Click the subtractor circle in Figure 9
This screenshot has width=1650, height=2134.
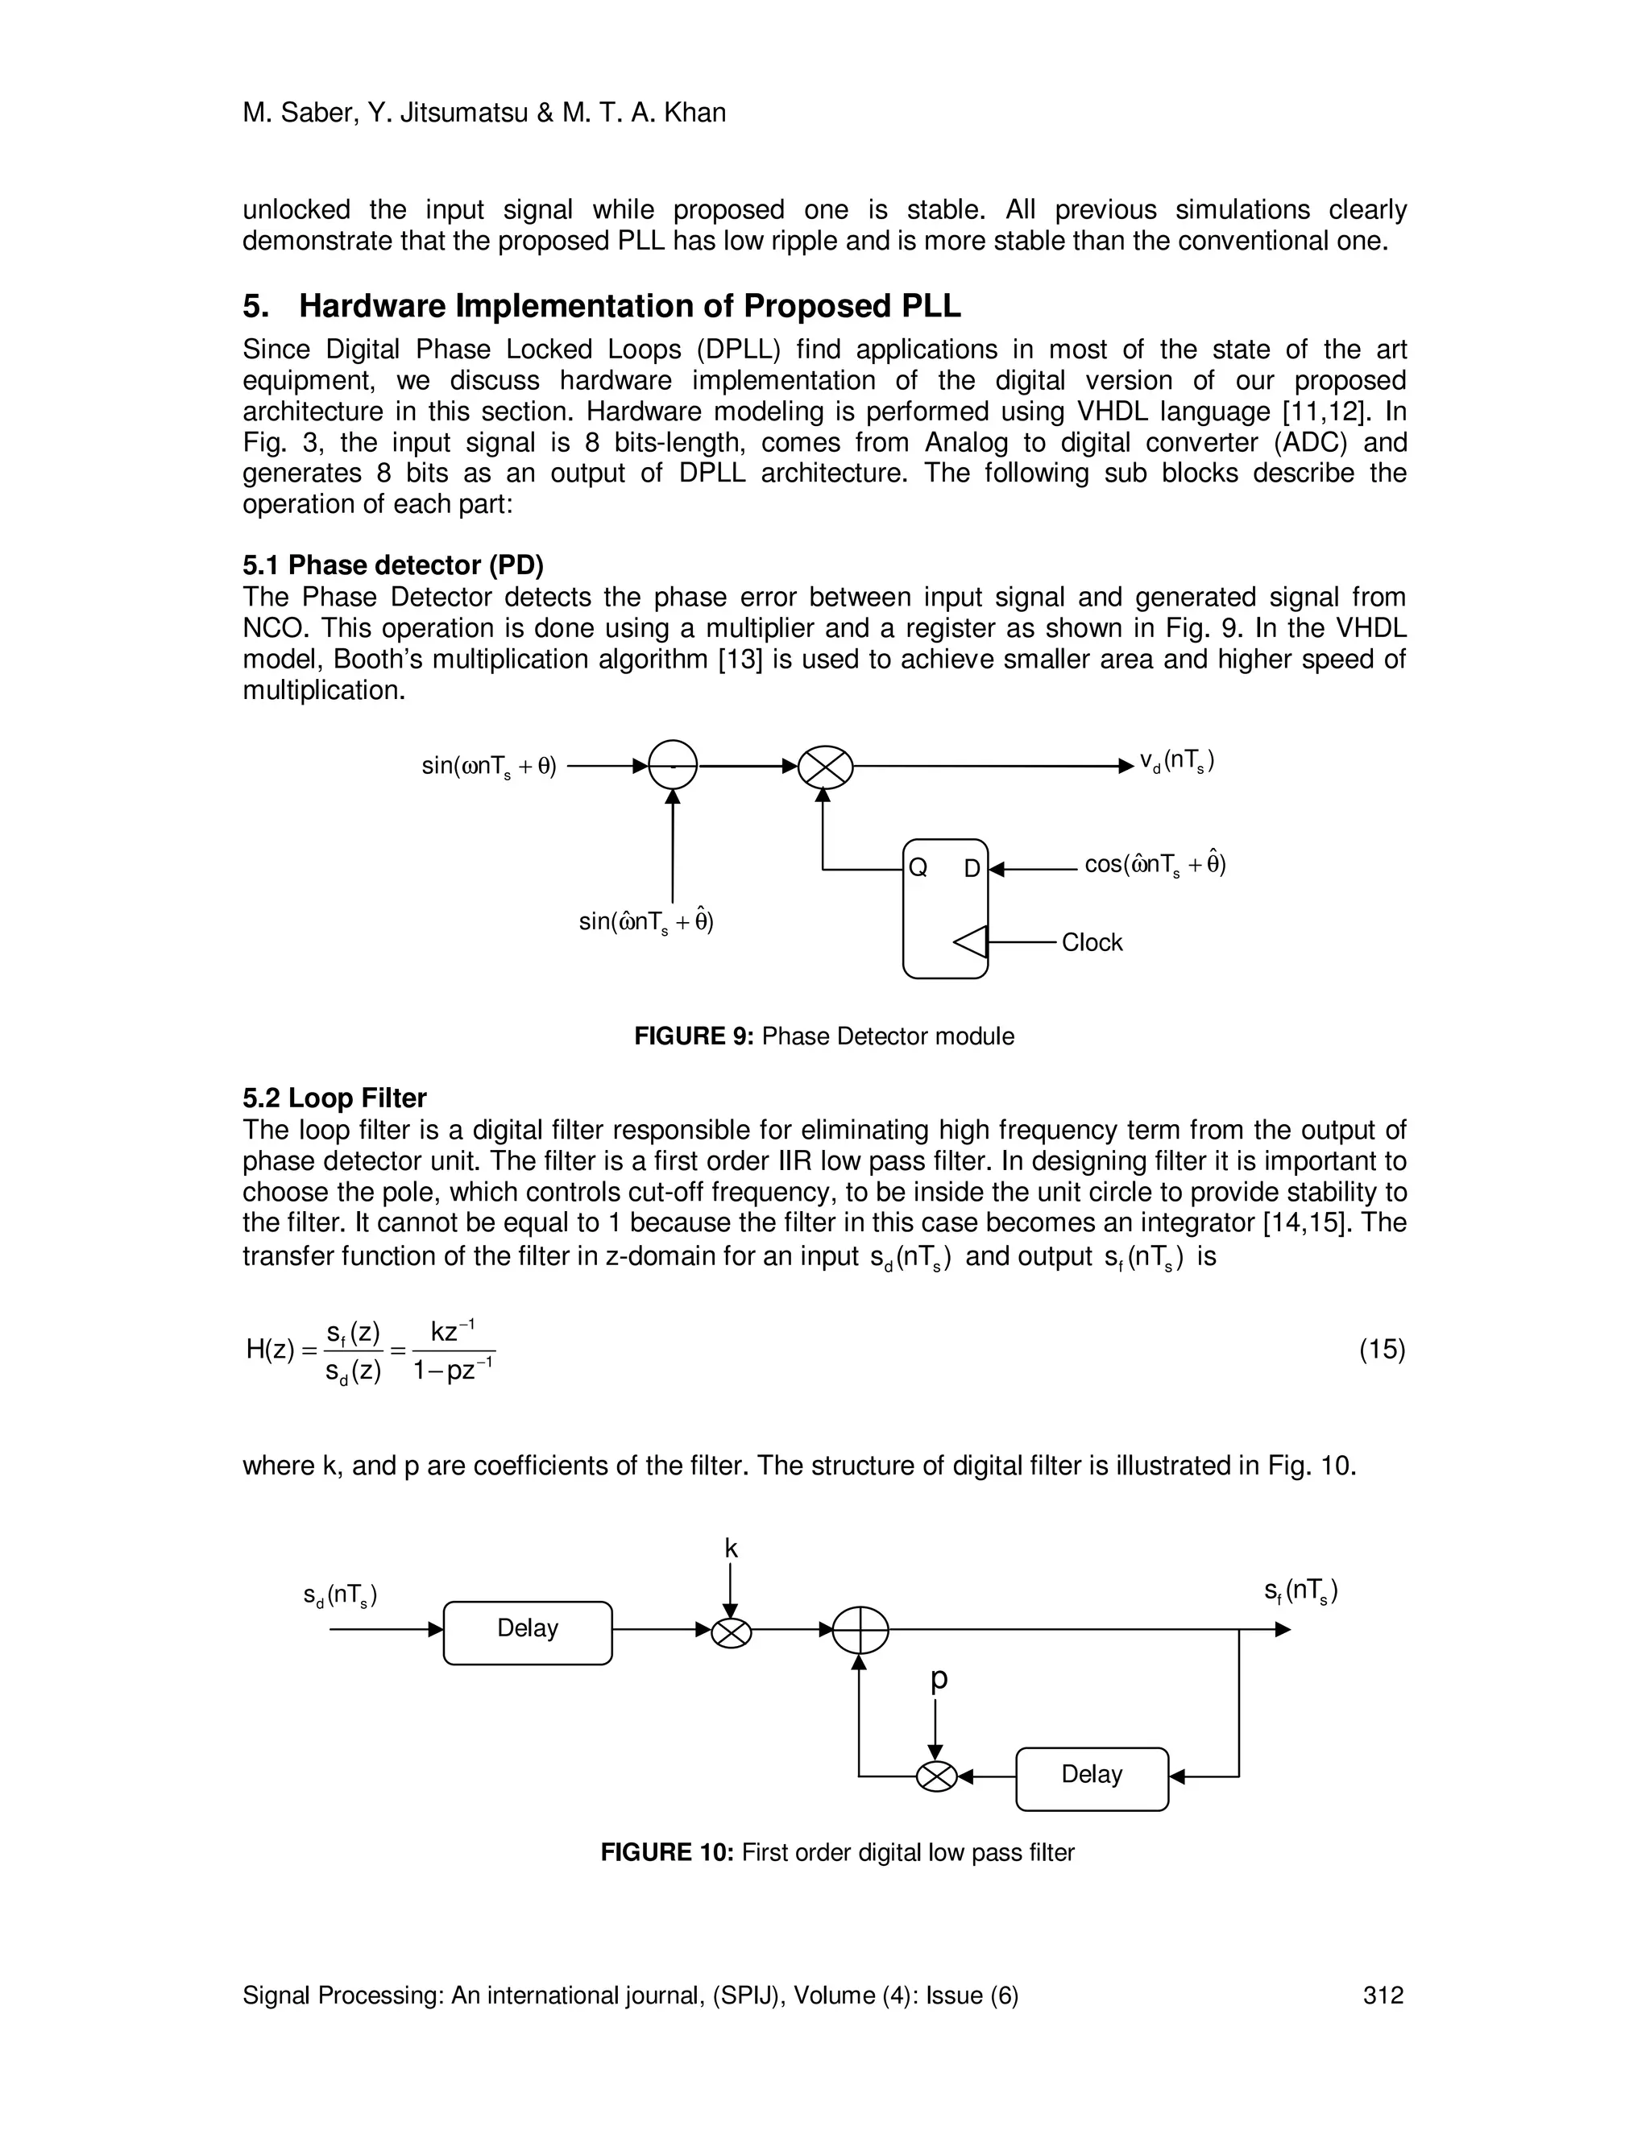tap(673, 765)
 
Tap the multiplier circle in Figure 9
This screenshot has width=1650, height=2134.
tap(825, 767)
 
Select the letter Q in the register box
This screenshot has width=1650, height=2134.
tap(918, 867)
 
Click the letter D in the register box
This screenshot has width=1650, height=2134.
tap(972, 867)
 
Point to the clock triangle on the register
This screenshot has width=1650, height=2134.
tap(971, 943)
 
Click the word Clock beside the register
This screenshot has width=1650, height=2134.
tap(1092, 943)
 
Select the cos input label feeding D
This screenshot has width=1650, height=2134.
tap(1155, 864)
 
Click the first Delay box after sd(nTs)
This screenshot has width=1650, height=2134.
tap(528, 1629)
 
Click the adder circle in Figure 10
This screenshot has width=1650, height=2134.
tap(860, 1630)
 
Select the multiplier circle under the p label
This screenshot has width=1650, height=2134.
tap(936, 1776)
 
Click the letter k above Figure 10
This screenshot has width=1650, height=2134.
tap(732, 1549)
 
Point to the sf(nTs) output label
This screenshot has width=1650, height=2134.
tap(1300, 1592)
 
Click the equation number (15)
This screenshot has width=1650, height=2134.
tap(1381, 1350)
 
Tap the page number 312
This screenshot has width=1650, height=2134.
tap(1383, 1995)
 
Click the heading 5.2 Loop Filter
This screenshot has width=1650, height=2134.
tap(334, 1098)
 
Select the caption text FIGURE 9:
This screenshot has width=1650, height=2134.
tap(693, 1036)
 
